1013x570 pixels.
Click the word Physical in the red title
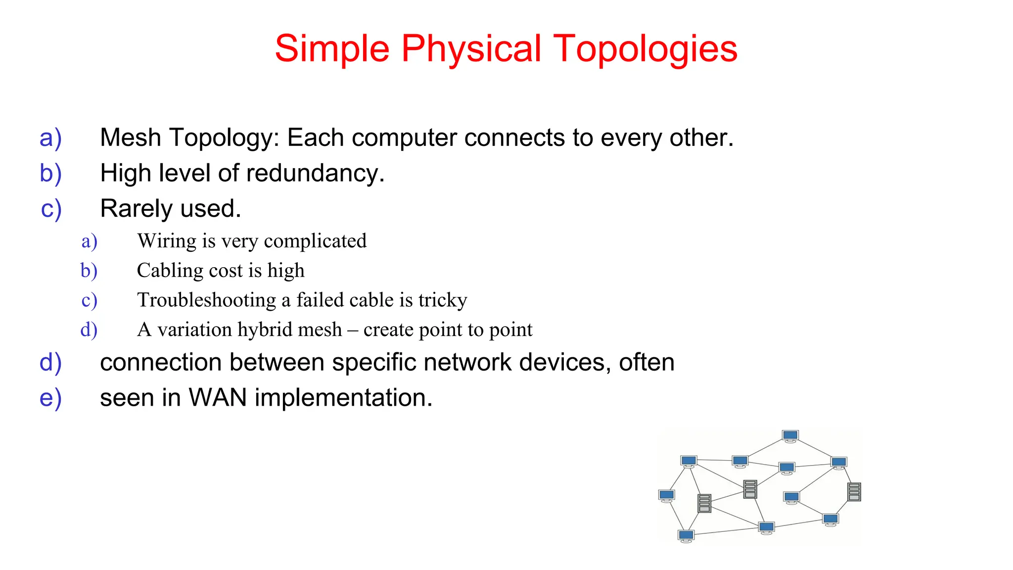(471, 49)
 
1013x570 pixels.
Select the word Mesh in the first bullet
(130, 138)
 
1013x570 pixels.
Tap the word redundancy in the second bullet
(315, 173)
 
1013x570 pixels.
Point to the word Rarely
(130, 208)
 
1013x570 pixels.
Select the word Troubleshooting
(206, 300)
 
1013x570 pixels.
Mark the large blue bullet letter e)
(50, 398)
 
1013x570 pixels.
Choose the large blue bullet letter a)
(50, 138)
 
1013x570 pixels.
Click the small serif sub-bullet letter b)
(89, 271)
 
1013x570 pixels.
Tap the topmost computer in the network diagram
(790, 436)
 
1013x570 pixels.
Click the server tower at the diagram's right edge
(854, 491)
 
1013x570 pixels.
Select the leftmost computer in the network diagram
(667, 495)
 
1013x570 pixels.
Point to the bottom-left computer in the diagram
(686, 535)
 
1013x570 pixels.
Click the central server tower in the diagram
(750, 489)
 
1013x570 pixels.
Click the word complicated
(315, 241)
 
